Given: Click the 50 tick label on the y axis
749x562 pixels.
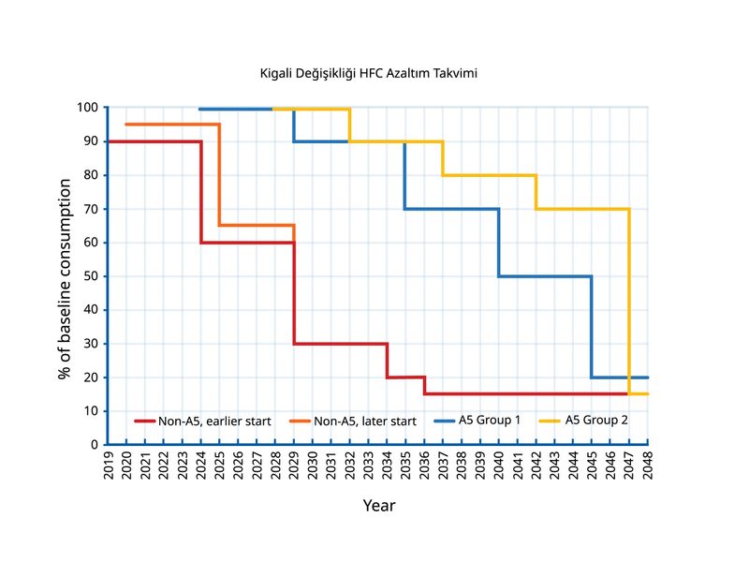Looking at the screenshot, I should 91,276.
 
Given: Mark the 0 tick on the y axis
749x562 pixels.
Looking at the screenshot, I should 95,444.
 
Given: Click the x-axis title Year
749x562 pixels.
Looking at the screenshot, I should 379,506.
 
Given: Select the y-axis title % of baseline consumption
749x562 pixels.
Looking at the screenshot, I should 66,276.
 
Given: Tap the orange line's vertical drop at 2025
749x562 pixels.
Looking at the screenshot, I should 220,175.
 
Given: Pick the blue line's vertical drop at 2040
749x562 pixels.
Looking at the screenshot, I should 499,243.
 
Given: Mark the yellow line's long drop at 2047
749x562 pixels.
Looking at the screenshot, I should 629,300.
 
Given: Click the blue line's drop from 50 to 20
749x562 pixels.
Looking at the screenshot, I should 592,327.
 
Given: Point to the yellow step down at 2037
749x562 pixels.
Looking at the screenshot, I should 443,158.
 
